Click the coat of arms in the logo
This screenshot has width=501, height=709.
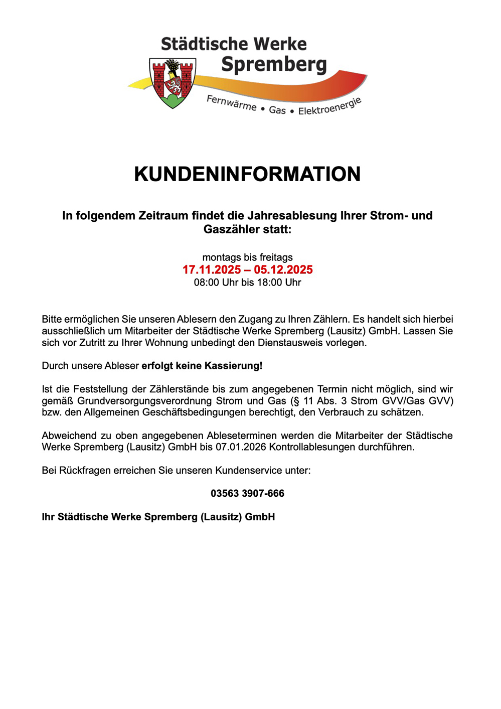click(x=173, y=83)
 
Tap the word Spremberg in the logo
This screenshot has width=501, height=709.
click(x=274, y=64)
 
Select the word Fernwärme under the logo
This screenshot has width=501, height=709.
click(x=231, y=103)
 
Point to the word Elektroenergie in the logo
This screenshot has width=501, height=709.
click(x=329, y=106)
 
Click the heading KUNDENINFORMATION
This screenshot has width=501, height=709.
click(x=247, y=174)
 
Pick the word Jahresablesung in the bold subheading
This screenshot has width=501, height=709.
click(x=292, y=216)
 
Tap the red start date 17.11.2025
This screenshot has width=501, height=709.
click(x=212, y=270)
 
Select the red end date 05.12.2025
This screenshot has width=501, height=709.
click(x=283, y=270)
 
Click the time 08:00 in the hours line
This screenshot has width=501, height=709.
click(x=207, y=282)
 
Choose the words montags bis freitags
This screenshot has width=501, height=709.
click(x=247, y=257)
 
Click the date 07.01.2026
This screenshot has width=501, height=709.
click(x=241, y=447)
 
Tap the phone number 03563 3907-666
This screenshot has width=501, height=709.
click(x=247, y=494)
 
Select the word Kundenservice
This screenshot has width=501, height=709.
click(x=249, y=471)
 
